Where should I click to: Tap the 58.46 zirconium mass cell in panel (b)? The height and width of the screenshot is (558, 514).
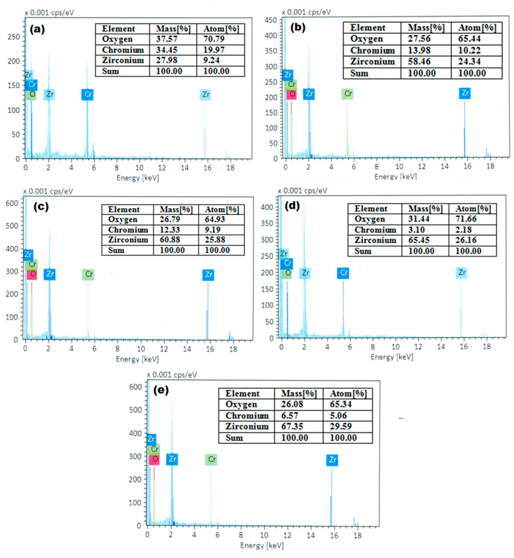coord(419,62)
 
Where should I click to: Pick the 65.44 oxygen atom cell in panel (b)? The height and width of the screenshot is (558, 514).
coord(469,39)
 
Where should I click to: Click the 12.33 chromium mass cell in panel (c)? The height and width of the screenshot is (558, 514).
coord(170,230)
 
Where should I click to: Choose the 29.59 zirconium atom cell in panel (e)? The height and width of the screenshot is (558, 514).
coord(341,427)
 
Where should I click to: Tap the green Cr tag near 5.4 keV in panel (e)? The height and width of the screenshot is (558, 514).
coord(211,459)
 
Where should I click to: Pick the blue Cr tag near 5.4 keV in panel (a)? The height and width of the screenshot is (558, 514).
coord(87,95)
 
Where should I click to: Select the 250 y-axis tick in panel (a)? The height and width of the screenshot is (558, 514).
coord(14,37)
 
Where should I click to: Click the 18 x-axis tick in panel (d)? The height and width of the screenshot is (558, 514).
coord(487,347)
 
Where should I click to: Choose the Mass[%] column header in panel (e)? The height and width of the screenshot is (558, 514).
coord(299,394)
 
